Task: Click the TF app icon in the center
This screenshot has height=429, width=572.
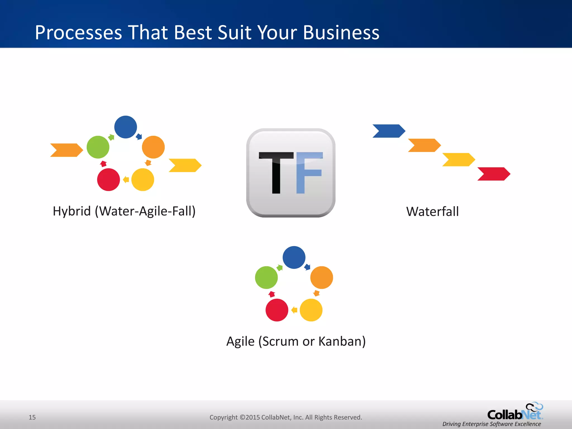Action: pos(291,173)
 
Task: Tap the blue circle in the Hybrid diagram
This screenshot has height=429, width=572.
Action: pos(126,127)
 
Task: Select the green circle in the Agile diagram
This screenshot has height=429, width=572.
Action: pos(266,277)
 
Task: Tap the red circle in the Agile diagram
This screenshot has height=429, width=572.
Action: pos(277,310)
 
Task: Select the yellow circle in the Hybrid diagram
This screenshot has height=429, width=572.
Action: pos(143,180)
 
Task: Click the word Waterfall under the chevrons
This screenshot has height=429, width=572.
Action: pos(432,211)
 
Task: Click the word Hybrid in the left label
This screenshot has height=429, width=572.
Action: pos(72,211)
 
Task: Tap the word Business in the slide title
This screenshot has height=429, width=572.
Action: pos(341,32)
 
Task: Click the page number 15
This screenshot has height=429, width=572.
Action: pos(32,417)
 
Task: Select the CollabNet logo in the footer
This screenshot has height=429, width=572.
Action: pos(515,412)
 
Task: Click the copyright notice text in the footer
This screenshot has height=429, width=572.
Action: pos(286,417)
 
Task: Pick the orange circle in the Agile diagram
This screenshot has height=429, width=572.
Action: pos(321,277)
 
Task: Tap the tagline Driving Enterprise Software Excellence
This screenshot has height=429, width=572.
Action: pos(492,424)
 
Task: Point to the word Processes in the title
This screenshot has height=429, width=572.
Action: pos(78,32)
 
